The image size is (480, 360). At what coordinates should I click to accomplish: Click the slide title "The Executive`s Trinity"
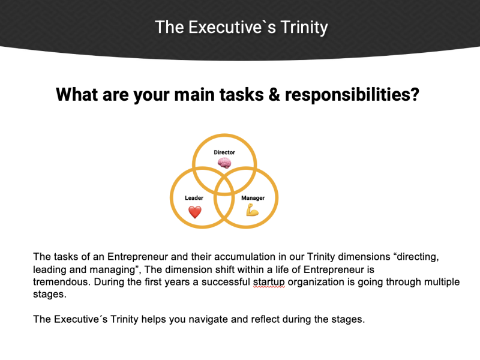(241, 27)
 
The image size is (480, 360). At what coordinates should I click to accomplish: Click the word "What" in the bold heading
(77, 94)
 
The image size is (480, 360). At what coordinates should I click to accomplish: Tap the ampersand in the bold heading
(274, 94)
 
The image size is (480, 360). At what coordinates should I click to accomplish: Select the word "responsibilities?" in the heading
(352, 94)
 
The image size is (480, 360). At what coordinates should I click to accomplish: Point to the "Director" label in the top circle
(224, 152)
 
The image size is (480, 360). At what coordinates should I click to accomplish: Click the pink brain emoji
(224, 163)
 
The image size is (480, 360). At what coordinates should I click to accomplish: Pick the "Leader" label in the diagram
(194, 198)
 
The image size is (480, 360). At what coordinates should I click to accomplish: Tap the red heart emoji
(194, 212)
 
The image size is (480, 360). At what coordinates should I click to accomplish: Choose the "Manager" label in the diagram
(253, 198)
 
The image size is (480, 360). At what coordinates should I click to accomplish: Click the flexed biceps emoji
(253, 211)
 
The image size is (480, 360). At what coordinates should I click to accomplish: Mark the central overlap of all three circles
(224, 186)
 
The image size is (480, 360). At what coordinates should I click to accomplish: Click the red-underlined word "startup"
(269, 282)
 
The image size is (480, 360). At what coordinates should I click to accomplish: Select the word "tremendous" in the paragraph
(61, 281)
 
